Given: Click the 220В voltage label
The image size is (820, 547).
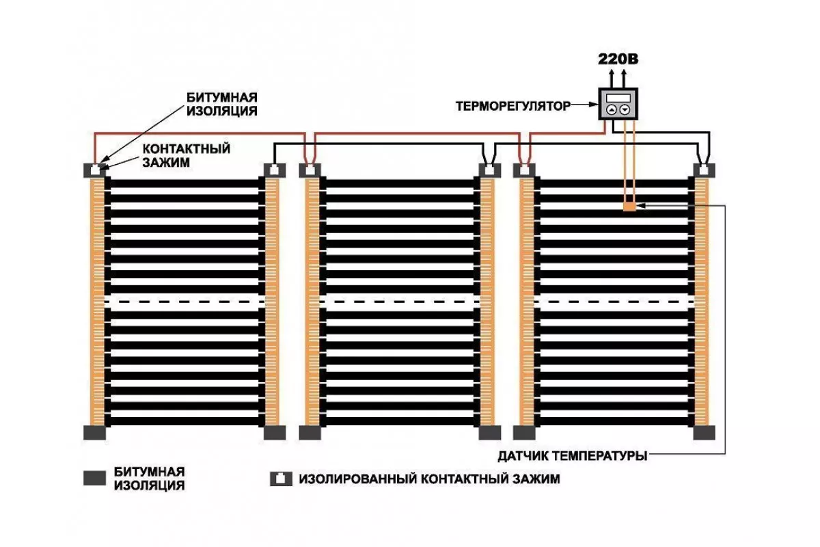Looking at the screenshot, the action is [x=618, y=59].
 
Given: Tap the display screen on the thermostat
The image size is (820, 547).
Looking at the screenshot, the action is [x=618, y=98].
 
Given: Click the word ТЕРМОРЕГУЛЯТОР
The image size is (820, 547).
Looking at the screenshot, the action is [x=513, y=106].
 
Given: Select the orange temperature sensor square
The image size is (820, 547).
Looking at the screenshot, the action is [x=629, y=206].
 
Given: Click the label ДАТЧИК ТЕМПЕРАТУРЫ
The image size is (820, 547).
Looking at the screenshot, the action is [x=573, y=456].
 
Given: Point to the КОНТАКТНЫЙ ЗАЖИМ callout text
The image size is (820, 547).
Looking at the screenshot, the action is [x=187, y=155].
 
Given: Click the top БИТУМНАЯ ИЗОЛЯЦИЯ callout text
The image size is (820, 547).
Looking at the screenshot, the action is [x=222, y=104].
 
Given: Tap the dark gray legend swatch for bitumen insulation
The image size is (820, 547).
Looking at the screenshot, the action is [x=94, y=478].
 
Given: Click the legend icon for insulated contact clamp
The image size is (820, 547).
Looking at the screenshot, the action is [x=281, y=479].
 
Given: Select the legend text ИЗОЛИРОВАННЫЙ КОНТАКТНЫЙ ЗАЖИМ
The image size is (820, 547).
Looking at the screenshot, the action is [x=429, y=479].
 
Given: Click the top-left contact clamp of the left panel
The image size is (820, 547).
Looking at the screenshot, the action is [x=95, y=170].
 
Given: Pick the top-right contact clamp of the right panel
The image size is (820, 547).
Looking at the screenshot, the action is [x=705, y=170].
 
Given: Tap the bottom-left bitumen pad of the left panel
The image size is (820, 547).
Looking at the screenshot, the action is [x=95, y=433].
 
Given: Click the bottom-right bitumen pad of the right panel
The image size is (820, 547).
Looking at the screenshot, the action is [x=705, y=433].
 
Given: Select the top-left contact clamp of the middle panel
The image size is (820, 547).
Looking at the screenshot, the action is [x=310, y=170].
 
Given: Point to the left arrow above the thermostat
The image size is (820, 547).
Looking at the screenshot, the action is [x=612, y=79].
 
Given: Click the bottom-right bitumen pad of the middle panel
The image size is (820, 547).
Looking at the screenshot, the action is [x=490, y=433].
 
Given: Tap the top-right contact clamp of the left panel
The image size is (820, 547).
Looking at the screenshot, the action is [x=275, y=170].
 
